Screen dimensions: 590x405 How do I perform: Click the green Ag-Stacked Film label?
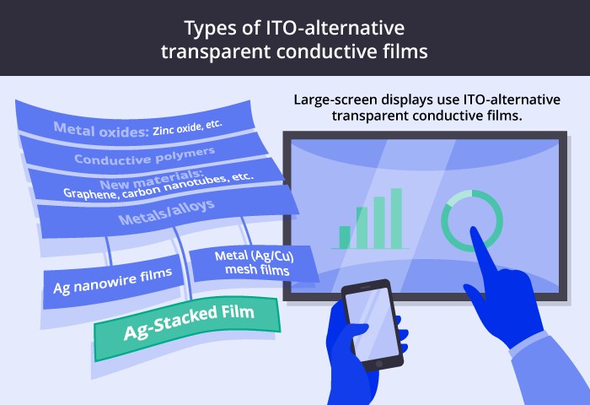point(187,327)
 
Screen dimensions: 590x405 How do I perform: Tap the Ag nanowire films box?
point(113,282)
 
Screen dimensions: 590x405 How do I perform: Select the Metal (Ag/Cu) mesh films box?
point(254,263)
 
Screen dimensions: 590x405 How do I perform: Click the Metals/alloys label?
point(166,212)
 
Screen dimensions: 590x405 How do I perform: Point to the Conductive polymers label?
point(144,156)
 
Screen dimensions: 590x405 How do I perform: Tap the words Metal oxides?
point(102,130)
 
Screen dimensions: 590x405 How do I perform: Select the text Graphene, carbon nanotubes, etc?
point(158,186)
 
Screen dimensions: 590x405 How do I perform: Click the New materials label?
point(152,180)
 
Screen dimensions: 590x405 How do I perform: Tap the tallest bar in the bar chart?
point(396,219)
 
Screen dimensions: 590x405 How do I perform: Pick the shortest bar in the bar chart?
point(345,237)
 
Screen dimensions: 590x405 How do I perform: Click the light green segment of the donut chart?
point(460,197)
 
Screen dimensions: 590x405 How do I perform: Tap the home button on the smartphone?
point(379,364)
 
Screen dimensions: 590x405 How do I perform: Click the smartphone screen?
point(373,323)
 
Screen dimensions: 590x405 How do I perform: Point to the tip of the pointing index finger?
point(474,229)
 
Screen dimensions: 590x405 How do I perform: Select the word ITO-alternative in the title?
point(335,28)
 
